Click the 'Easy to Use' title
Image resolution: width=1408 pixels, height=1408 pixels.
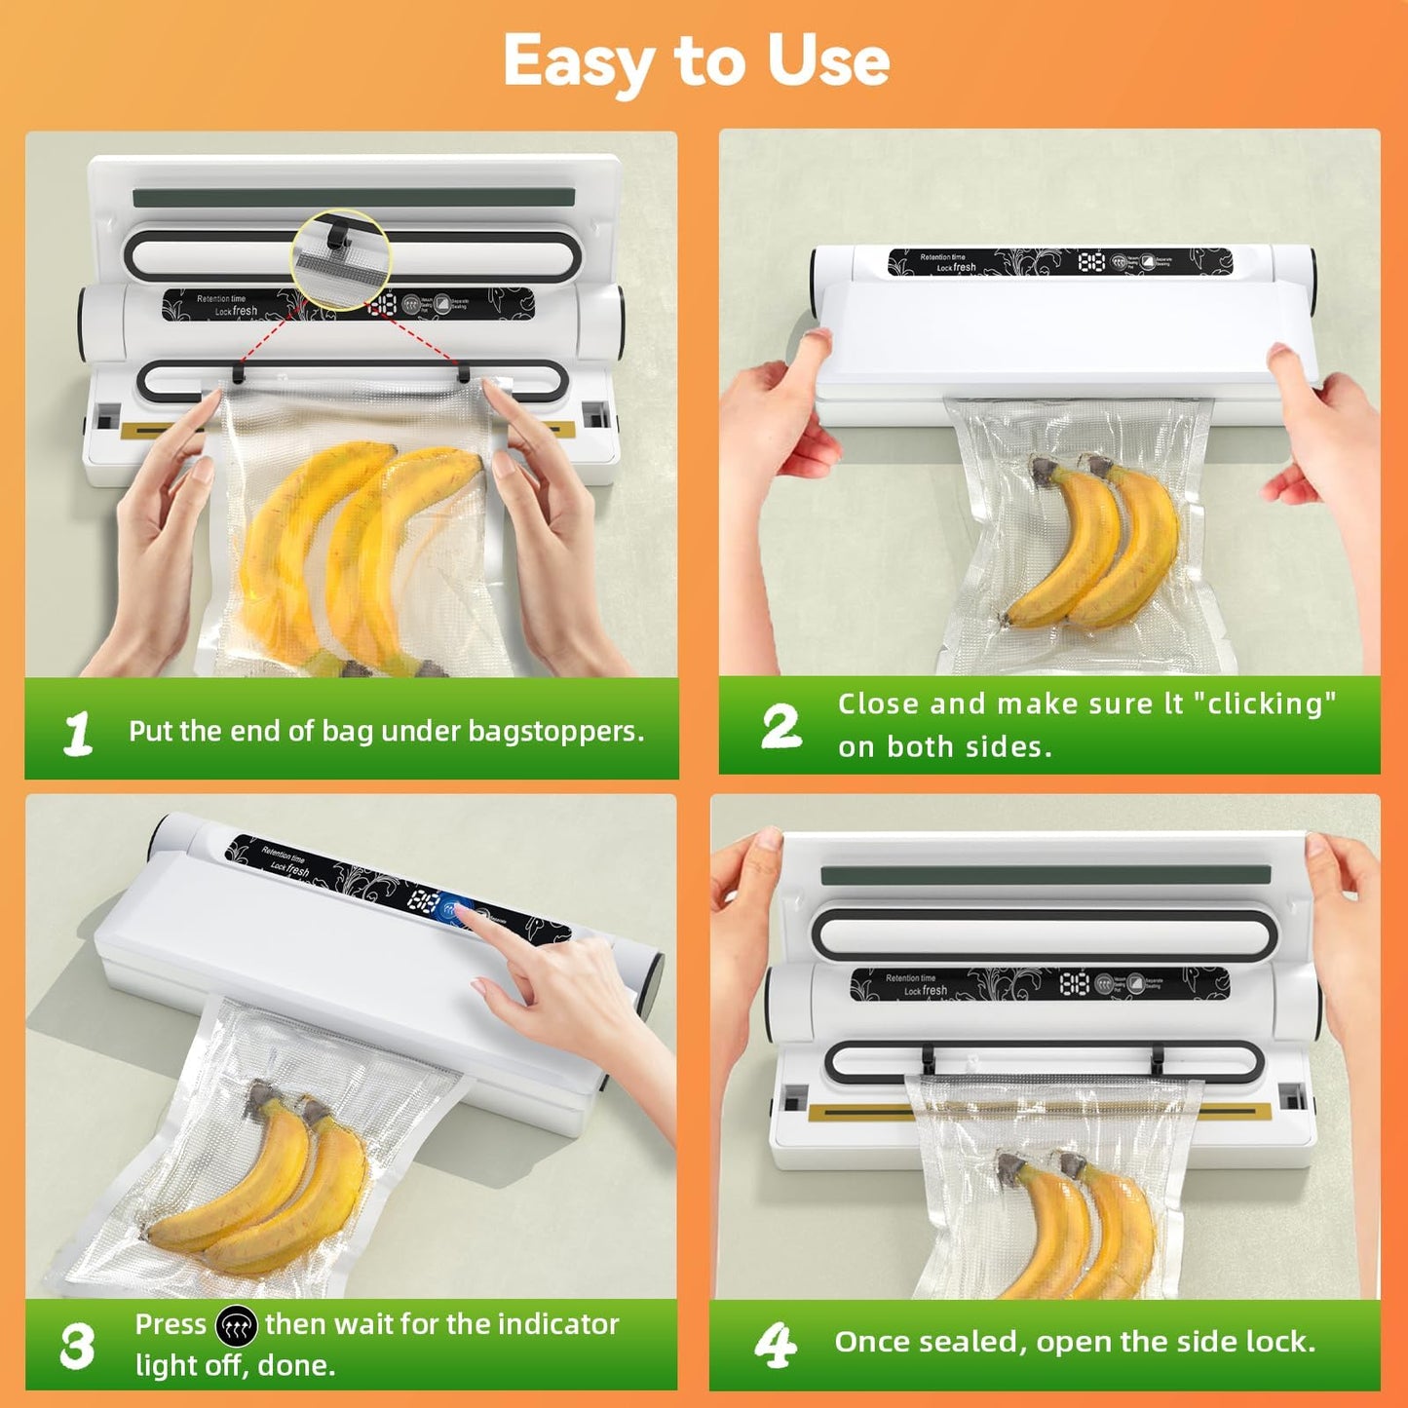[x=696, y=60]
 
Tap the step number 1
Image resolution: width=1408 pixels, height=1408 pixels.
[x=78, y=733]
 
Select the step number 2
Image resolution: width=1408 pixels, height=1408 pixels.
[x=781, y=727]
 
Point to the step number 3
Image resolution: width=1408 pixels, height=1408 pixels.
[x=77, y=1346]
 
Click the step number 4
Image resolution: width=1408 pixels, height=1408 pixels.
[x=776, y=1345]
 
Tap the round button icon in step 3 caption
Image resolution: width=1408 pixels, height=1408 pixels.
[x=236, y=1326]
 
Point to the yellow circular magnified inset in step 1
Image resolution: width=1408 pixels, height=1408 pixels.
[x=341, y=259]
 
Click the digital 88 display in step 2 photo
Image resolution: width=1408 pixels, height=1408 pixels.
[x=1091, y=261]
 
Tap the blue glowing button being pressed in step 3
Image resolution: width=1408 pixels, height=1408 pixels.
[x=450, y=908]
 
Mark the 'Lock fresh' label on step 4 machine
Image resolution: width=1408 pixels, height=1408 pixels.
[x=925, y=990]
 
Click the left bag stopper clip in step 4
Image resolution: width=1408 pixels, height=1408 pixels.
[x=928, y=1056]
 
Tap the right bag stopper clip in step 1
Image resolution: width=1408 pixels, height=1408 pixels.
[x=464, y=372]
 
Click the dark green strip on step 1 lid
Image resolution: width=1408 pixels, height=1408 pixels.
[x=353, y=198]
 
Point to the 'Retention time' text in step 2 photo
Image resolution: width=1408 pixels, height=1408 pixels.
[x=942, y=257]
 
